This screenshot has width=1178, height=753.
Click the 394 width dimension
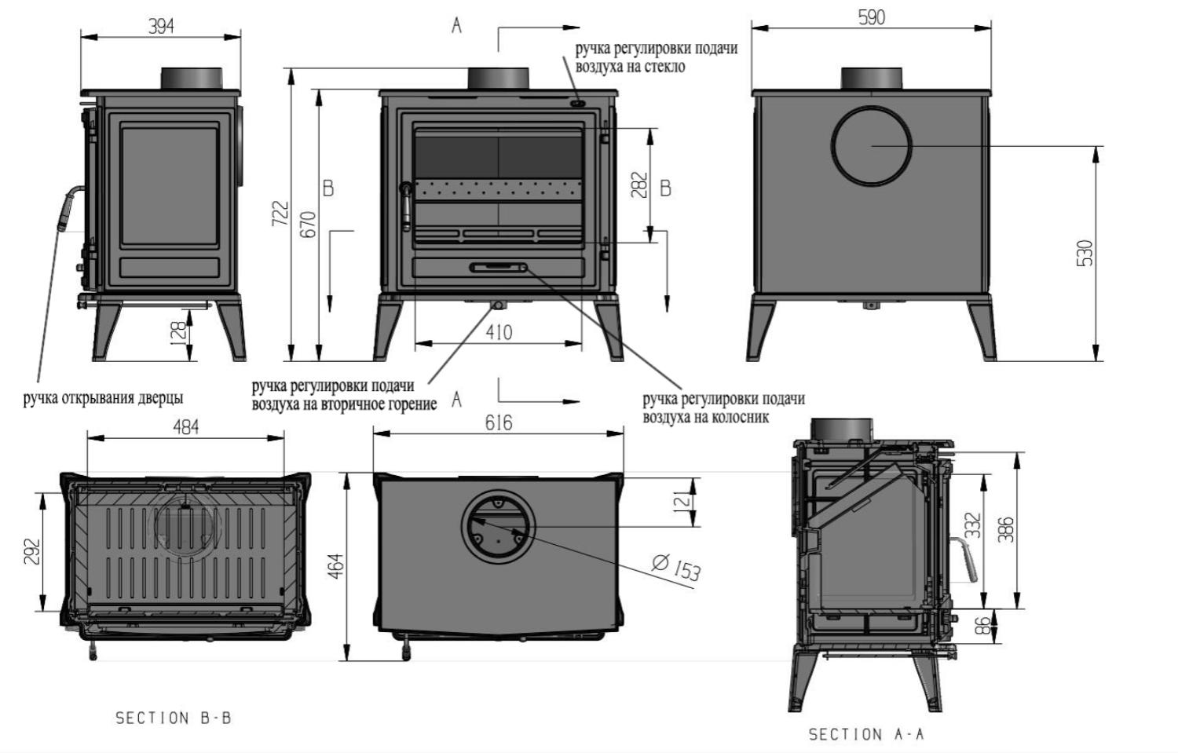161,25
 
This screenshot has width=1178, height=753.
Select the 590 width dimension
872,17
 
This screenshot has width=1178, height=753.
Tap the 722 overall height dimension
280,214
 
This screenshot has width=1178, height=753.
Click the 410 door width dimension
499,332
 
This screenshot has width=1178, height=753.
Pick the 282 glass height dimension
639,185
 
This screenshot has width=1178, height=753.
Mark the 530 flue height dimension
1085,253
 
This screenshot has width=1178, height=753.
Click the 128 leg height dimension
179,331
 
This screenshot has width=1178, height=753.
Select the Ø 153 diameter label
677,566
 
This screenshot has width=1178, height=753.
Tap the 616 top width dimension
499,423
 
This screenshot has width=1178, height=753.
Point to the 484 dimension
185,427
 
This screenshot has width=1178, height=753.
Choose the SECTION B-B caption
174,718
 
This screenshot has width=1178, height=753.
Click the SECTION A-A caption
866,734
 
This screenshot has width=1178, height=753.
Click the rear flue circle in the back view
872,145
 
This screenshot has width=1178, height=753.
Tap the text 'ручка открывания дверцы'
103,398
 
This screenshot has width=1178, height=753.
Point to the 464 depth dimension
336,566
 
